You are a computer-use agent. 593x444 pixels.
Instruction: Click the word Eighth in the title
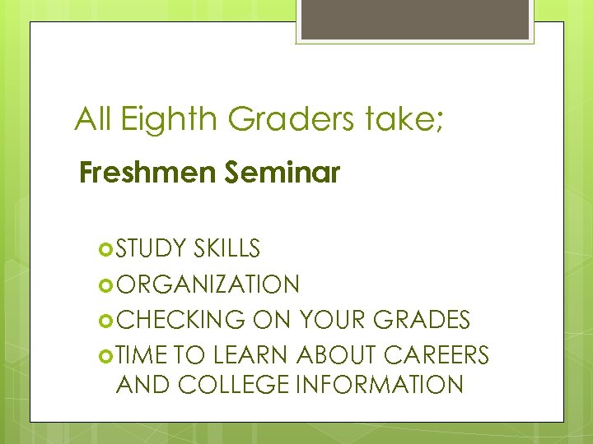tap(170, 120)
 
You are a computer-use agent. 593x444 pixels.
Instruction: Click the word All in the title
tap(94, 120)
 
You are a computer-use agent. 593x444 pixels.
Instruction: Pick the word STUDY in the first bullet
tap(152, 248)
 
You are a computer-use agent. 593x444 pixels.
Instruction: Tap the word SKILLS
tap(228, 248)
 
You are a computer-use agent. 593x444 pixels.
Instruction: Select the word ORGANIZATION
tap(208, 284)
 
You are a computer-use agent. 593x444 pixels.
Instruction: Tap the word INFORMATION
tap(403, 384)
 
